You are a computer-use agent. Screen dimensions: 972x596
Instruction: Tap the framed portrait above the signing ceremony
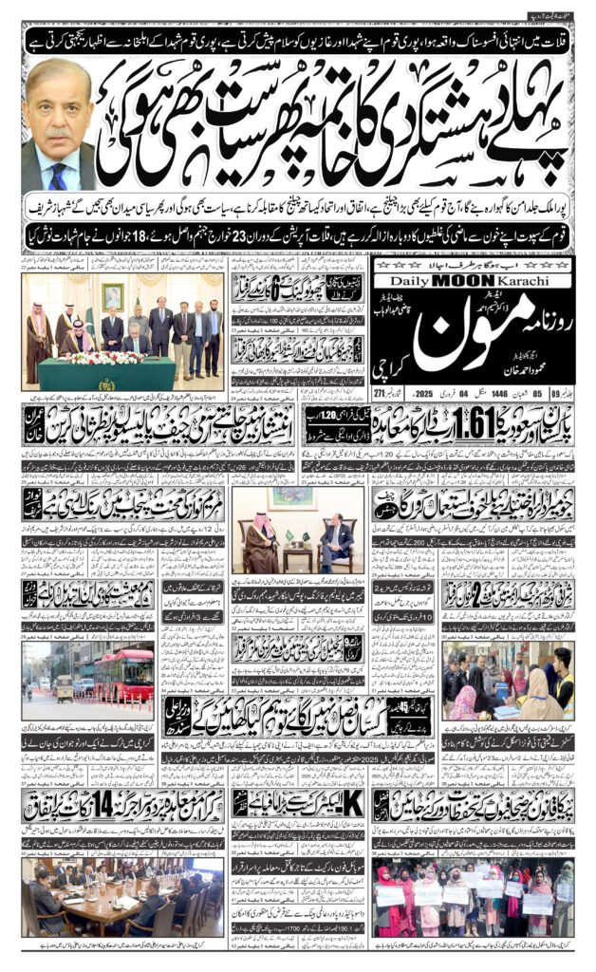point(113,295)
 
